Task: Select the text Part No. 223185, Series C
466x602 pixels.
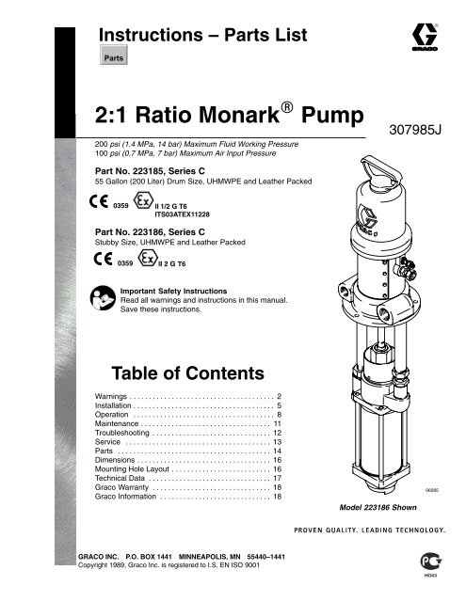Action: [x=157, y=170]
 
